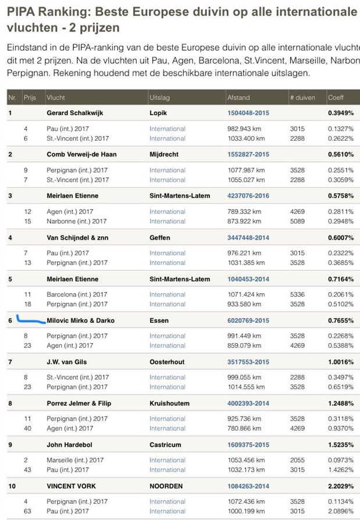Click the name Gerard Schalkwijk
pyautogui.click(x=74, y=113)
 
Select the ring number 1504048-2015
pyautogui.click(x=248, y=113)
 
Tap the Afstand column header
pyautogui.click(x=238, y=98)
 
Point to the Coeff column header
pyautogui.click(x=336, y=98)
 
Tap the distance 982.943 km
pyautogui.click(x=247, y=129)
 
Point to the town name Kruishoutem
pyautogui.click(x=169, y=403)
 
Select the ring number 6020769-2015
pyautogui.click(x=248, y=320)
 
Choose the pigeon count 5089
pyautogui.click(x=297, y=221)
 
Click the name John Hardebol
pyautogui.click(x=70, y=444)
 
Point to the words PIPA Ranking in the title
pyautogui.click(x=48, y=11)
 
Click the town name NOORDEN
pyautogui.click(x=166, y=486)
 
